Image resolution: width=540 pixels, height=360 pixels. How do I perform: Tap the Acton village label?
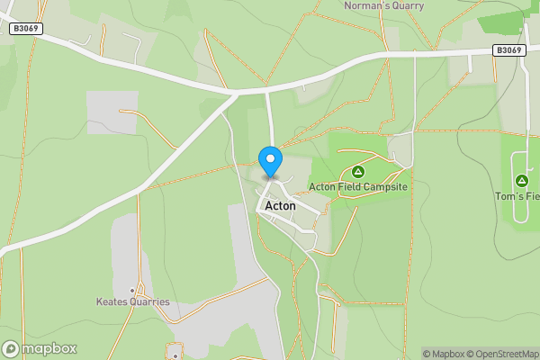click(x=280, y=206)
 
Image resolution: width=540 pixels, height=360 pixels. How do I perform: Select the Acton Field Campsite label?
click(x=358, y=187)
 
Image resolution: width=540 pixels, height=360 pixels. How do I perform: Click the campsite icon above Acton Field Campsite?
click(x=357, y=171)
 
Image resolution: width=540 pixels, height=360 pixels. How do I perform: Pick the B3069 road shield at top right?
click(x=509, y=50)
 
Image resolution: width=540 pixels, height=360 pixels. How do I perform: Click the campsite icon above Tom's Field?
click(x=521, y=180)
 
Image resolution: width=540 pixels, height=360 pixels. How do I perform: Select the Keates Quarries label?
click(x=133, y=302)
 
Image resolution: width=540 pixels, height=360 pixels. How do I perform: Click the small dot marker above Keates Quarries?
click(x=132, y=291)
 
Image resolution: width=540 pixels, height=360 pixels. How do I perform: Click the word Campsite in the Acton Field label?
click(x=387, y=187)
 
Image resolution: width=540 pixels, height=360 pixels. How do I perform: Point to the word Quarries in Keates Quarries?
click(x=148, y=302)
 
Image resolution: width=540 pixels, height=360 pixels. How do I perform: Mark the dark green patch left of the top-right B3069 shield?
click(x=500, y=23)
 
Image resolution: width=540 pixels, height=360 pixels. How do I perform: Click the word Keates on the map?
click(x=112, y=302)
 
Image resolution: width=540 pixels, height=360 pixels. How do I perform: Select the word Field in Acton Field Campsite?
click(x=350, y=187)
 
